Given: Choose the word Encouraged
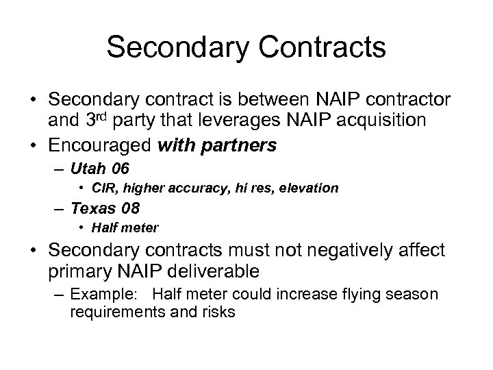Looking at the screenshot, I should coord(111,146).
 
